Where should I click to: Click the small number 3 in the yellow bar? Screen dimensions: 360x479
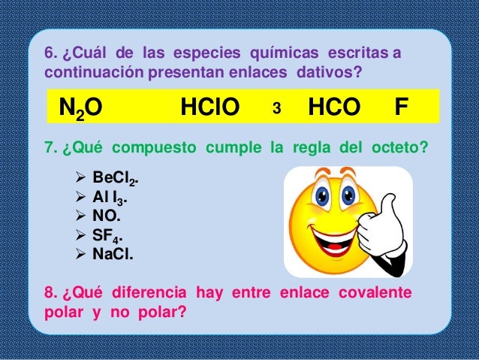tap(276, 110)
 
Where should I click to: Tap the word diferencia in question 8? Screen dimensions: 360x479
tap(151, 293)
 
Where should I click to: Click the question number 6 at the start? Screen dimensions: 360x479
tap(51, 55)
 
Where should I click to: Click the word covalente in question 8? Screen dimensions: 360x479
tap(376, 293)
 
